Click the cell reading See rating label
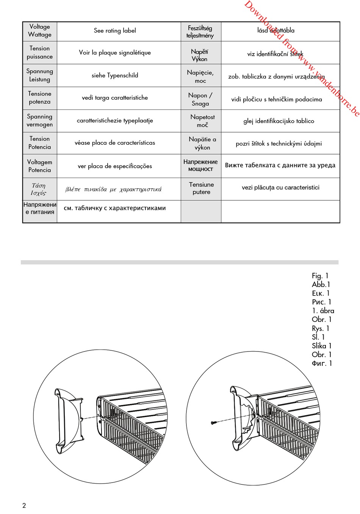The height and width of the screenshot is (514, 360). point(115,31)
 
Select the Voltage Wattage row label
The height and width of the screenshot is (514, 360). point(39,31)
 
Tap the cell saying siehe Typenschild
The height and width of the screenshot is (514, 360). point(115,75)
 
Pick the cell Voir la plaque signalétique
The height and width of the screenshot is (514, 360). point(115,53)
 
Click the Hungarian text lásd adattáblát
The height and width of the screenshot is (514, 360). point(276,31)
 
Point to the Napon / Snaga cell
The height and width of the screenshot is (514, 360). point(200,99)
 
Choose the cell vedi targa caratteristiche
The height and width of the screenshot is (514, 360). point(115,98)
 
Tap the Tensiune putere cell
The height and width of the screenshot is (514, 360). point(201,188)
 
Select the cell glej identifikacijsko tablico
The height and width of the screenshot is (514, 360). point(279,121)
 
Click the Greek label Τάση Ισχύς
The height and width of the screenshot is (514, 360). point(39,189)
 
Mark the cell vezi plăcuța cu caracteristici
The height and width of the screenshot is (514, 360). point(280,187)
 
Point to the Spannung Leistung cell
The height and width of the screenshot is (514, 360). point(39,75)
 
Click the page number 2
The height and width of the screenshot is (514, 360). point(24,505)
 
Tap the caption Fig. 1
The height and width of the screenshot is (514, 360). point(320,276)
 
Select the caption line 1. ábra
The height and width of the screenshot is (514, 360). point(323,311)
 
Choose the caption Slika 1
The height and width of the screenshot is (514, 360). point(322,346)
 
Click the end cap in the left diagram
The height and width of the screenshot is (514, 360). point(68,420)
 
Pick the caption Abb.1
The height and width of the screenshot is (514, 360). point(321,284)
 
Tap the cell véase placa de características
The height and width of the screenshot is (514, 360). point(115,143)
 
